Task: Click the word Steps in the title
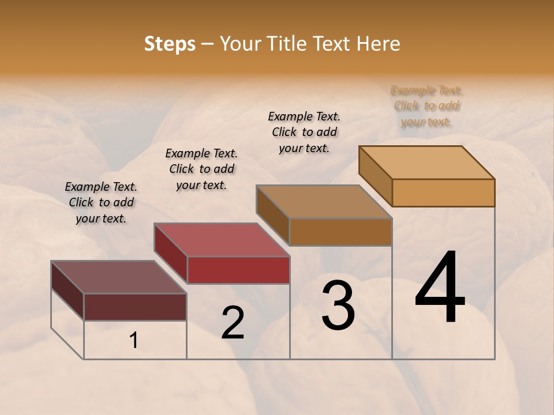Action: pos(170,44)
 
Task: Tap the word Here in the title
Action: pos(377,44)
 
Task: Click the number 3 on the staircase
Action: pos(338,305)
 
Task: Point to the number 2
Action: pos(233,323)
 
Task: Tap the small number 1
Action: pos(134,341)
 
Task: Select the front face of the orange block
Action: pos(443,193)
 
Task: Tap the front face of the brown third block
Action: pos(340,232)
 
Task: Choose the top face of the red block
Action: pos(222,240)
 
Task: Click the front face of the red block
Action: pos(238,270)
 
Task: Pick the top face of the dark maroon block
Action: pos(119,277)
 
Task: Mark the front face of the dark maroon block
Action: pos(135,307)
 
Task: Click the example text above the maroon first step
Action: pos(101,202)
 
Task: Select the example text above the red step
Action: pos(201,169)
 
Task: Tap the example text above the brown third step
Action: pos(304,132)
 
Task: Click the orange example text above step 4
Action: pos(426,105)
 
